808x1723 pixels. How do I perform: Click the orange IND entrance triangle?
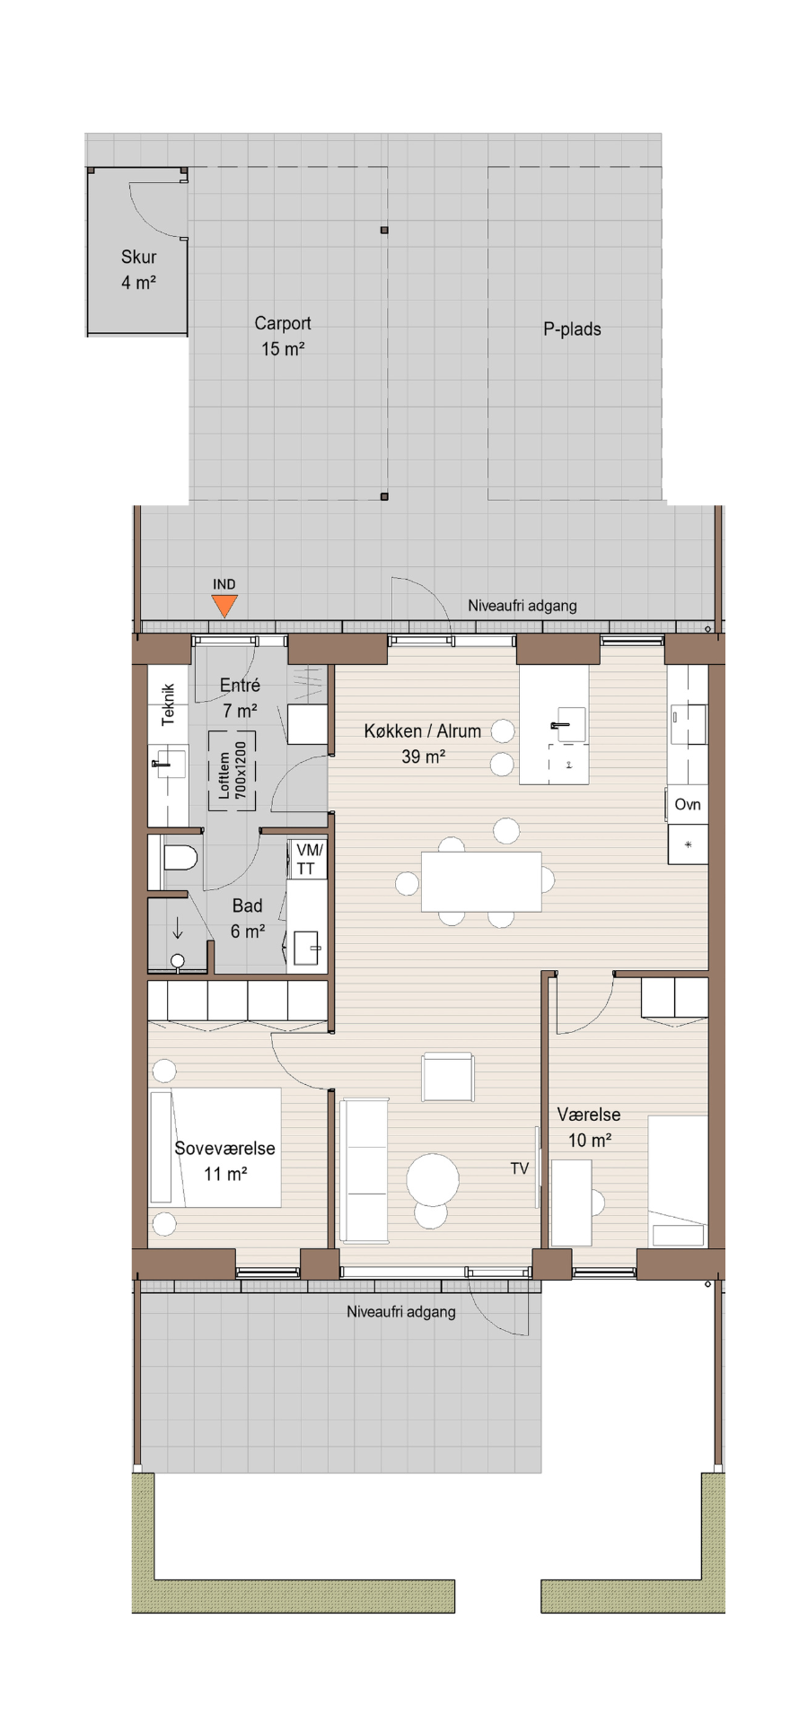click(224, 607)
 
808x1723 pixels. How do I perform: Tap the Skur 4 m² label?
click(139, 269)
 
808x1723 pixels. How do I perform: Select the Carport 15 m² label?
click(283, 336)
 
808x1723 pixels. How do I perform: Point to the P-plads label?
click(572, 329)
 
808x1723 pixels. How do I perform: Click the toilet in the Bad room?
click(180, 858)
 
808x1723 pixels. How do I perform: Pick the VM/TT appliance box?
click(307, 859)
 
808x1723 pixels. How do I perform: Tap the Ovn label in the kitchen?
click(688, 804)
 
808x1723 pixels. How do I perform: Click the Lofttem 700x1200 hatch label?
click(233, 771)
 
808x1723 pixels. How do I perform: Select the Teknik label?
click(168, 704)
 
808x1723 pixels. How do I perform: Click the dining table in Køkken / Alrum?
click(481, 881)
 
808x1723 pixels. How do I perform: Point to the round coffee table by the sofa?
click(433, 1180)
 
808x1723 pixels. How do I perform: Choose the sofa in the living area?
click(363, 1170)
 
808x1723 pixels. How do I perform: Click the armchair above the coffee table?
click(447, 1077)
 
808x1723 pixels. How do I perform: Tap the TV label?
click(520, 1168)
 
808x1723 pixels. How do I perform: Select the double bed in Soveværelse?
click(215, 1148)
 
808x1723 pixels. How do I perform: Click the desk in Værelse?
click(572, 1203)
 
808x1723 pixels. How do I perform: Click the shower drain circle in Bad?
click(178, 961)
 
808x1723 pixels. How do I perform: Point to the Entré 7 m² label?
click(240, 697)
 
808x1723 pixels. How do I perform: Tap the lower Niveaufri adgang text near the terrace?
click(401, 1312)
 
